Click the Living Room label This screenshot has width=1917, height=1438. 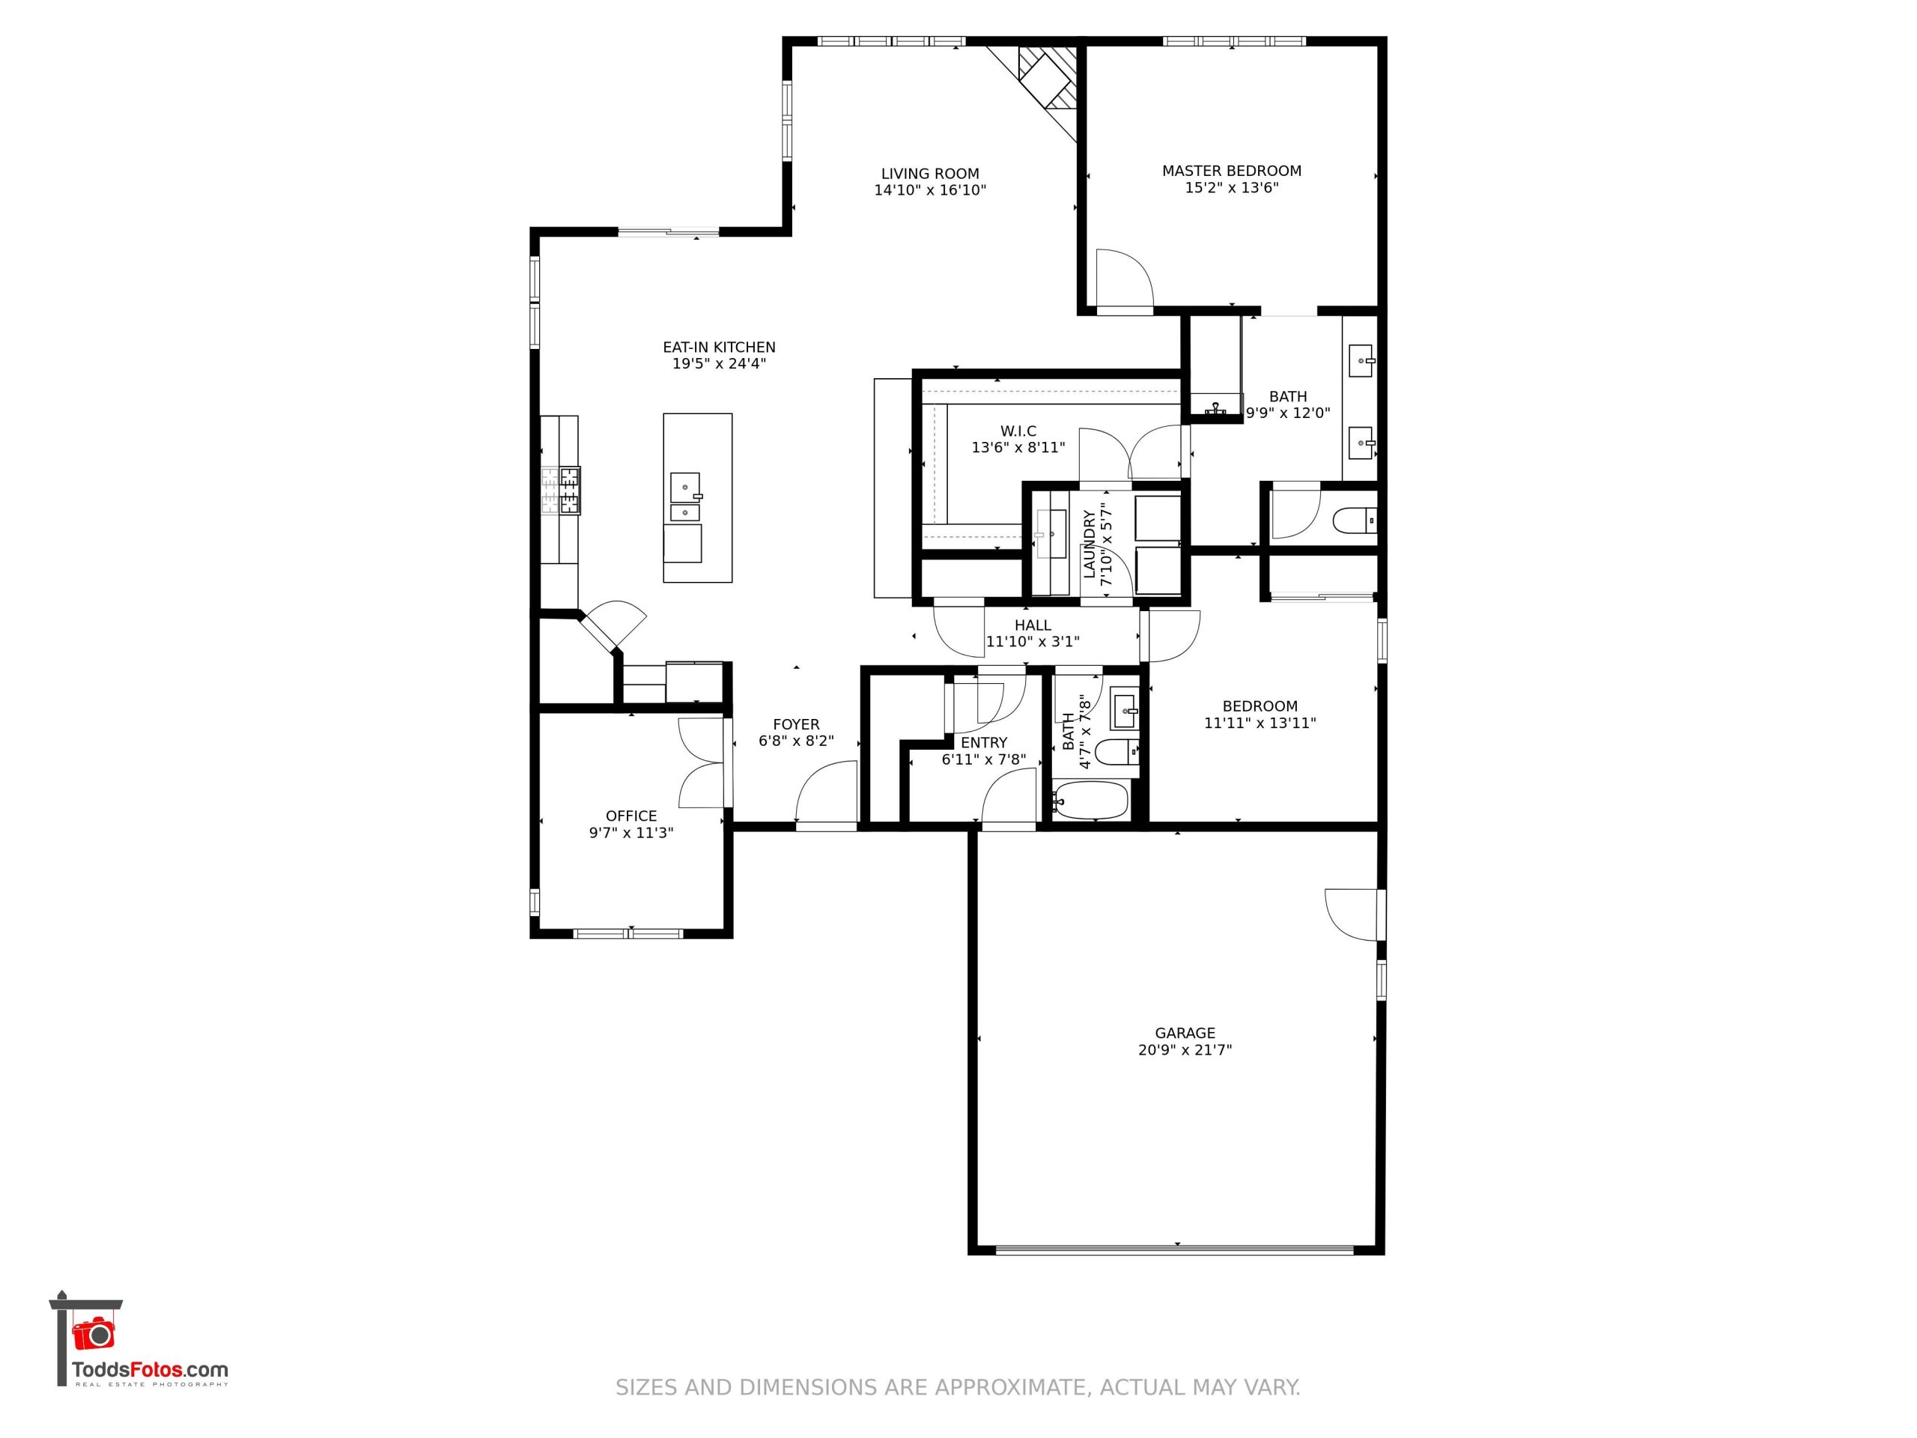(930, 173)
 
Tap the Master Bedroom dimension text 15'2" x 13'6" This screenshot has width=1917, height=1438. (1232, 187)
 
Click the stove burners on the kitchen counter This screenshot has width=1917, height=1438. (561, 491)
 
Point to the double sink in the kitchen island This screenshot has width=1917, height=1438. (684, 497)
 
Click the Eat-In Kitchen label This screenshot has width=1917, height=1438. (720, 348)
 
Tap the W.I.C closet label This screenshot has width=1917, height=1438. (1018, 431)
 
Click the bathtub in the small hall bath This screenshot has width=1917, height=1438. (1091, 800)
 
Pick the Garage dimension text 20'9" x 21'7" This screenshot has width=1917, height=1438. (1185, 1050)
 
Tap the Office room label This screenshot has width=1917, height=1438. (631, 816)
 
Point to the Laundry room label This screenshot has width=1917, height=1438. (1090, 544)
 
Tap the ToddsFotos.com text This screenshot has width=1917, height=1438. (150, 1370)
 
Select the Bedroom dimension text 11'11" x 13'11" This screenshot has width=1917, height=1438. (1260, 723)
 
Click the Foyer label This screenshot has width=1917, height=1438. (795, 725)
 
